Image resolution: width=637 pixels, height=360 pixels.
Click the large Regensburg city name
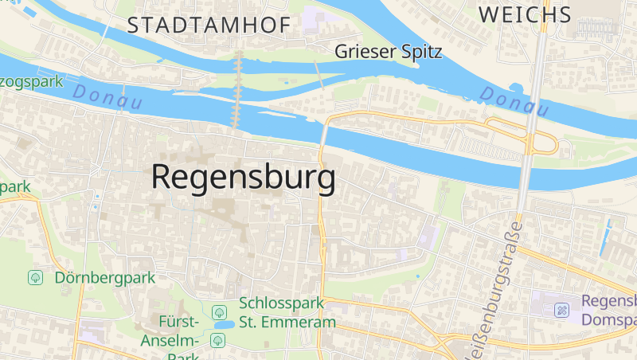pos(243,177)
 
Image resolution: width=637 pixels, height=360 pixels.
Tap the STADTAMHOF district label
pos(209,25)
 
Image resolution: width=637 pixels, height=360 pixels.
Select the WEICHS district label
pos(526,14)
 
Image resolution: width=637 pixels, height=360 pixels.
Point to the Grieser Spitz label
pos(389,52)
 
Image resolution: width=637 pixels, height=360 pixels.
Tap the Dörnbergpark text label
pos(104,278)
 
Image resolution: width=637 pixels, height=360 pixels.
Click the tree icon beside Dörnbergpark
pos(35,278)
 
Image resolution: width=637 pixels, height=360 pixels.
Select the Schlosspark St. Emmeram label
pos(287,313)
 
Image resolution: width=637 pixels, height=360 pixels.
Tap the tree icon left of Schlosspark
pos(219,310)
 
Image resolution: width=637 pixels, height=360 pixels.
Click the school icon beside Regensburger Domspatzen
pos(562,309)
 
